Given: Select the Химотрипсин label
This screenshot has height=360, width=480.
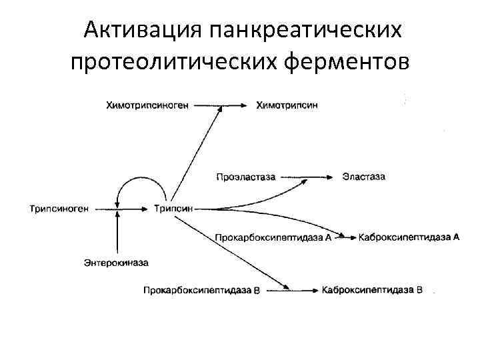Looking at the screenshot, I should tap(287, 105).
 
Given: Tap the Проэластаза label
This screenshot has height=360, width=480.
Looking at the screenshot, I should tap(244, 177).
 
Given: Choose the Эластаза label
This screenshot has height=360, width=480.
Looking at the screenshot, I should tap(363, 177).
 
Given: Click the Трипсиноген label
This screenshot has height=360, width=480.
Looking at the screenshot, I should tap(59, 209).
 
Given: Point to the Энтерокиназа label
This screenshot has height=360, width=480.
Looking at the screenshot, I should tap(117, 263).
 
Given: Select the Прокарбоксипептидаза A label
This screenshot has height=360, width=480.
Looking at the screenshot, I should tap(273, 237).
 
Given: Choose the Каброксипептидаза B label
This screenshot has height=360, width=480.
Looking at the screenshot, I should tap(372, 289).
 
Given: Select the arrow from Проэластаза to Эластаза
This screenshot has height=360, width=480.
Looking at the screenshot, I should tap(306, 177).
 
